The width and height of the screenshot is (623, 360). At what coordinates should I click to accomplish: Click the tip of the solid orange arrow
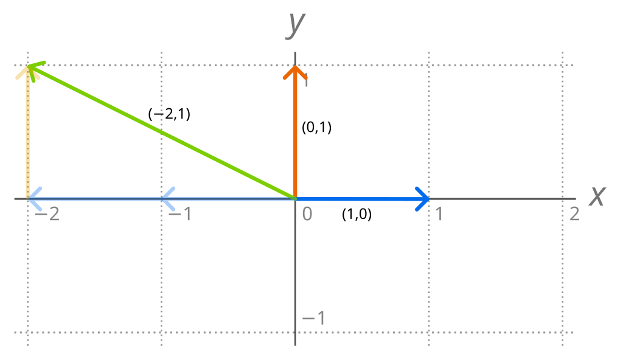(x=295, y=66)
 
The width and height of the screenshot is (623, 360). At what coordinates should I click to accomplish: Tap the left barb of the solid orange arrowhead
(x=285, y=77)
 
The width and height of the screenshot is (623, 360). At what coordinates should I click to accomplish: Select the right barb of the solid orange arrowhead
(x=305, y=77)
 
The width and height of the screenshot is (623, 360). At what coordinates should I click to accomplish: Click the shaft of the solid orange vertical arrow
(x=295, y=134)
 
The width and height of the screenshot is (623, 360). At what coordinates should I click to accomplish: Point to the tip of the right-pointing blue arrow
(x=428, y=199)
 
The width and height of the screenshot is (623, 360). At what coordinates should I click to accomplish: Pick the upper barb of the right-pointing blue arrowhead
(x=418, y=189)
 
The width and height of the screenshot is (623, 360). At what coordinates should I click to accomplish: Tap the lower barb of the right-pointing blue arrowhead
(x=418, y=209)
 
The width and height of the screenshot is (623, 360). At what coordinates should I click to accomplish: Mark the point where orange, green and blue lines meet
(x=295, y=198)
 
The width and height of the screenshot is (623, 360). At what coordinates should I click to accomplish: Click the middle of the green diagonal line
(x=162, y=132)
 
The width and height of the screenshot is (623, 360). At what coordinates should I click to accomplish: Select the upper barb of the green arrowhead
(x=44, y=62)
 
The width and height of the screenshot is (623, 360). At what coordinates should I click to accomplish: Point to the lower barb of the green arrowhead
(x=33, y=80)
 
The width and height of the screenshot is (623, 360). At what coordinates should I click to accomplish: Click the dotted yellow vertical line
(x=27, y=134)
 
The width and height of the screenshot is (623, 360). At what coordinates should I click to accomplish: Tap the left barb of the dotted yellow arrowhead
(x=18, y=77)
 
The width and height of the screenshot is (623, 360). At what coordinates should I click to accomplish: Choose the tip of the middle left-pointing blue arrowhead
(x=162, y=199)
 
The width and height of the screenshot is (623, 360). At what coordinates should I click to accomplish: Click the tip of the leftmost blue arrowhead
(x=29, y=199)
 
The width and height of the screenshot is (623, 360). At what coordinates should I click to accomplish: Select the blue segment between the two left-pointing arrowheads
(x=95, y=199)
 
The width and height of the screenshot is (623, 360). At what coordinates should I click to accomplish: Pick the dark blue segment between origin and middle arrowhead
(x=229, y=199)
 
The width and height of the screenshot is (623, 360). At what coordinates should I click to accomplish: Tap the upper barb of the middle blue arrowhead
(x=173, y=189)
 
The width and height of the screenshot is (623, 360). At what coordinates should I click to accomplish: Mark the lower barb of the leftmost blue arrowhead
(x=40, y=209)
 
